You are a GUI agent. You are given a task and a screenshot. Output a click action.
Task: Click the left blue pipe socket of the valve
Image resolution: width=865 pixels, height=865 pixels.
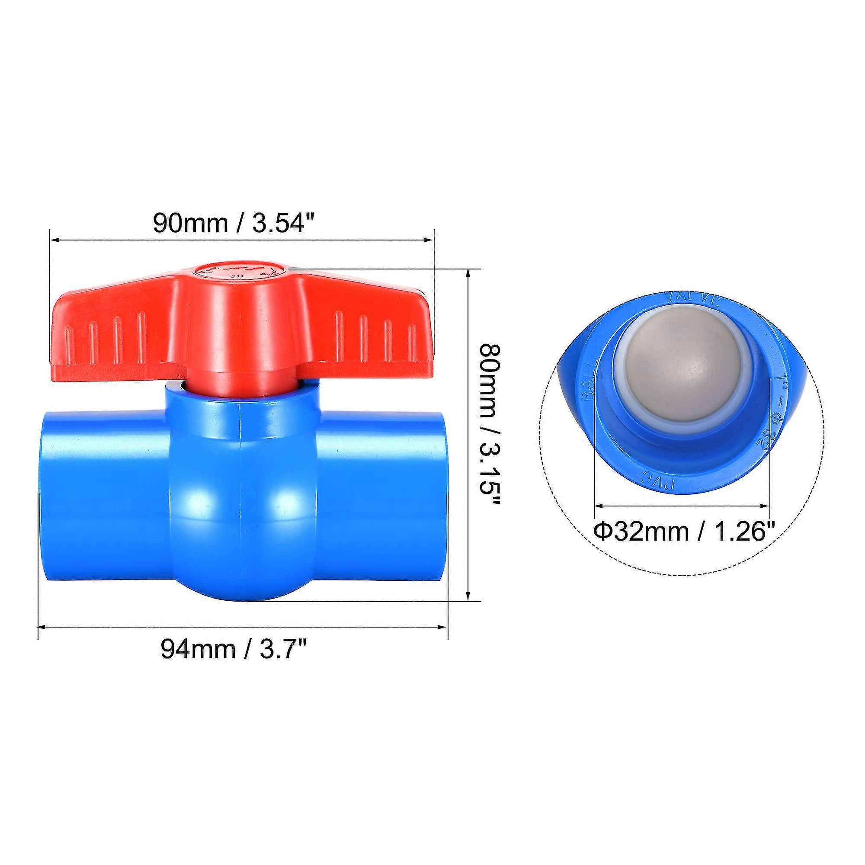pos(105,497)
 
